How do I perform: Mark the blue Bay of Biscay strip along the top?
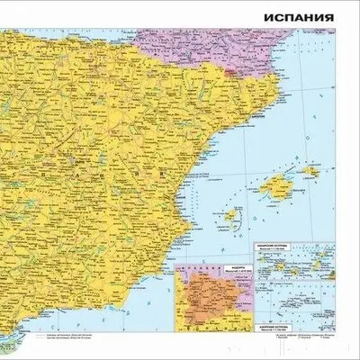54,7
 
